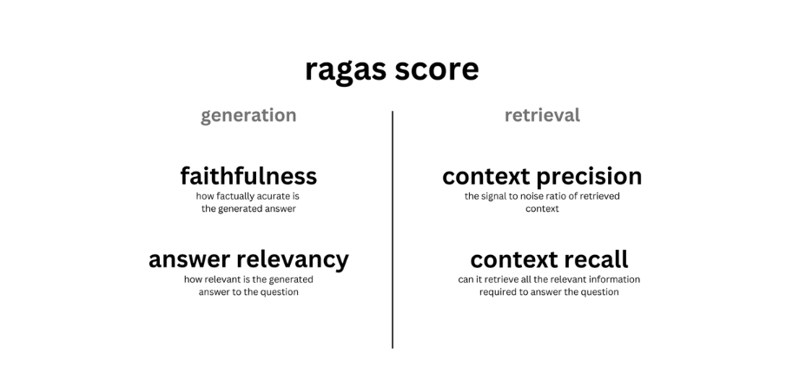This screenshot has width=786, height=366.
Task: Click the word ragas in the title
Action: (345, 70)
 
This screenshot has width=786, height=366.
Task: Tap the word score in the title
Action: (437, 69)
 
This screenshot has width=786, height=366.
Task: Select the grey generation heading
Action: (248, 115)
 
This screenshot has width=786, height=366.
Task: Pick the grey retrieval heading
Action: (542, 115)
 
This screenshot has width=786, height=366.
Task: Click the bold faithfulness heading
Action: (248, 176)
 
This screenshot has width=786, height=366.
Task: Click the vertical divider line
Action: (393, 229)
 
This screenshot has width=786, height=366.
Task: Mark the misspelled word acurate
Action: (273, 196)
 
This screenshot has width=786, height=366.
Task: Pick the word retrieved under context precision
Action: (602, 196)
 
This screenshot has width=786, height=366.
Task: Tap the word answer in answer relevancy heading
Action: (189, 260)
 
